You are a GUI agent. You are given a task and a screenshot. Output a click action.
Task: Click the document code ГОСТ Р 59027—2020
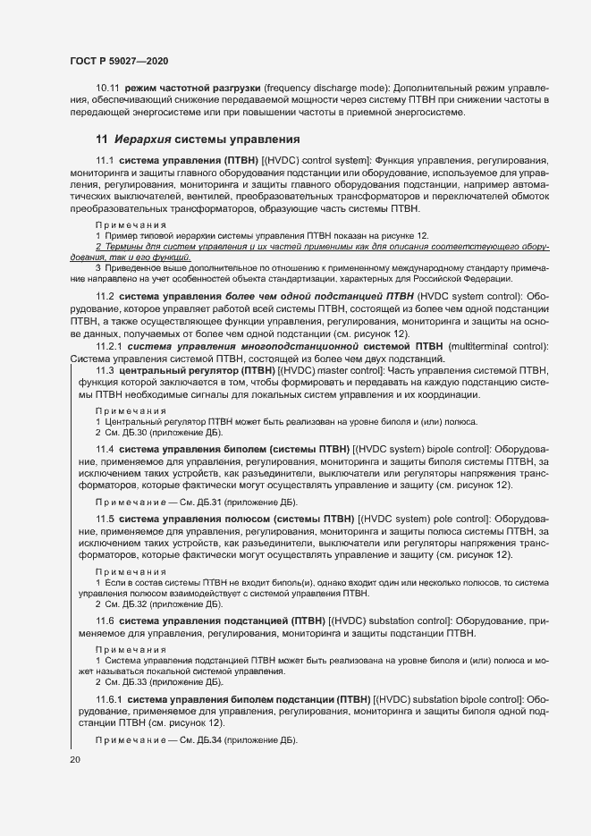pos(118,61)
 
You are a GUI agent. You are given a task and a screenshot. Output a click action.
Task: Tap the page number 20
pos(75,759)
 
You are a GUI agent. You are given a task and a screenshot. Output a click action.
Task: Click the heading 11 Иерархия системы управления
pos(198,140)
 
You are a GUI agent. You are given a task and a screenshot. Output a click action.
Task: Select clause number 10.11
pos(108,89)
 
